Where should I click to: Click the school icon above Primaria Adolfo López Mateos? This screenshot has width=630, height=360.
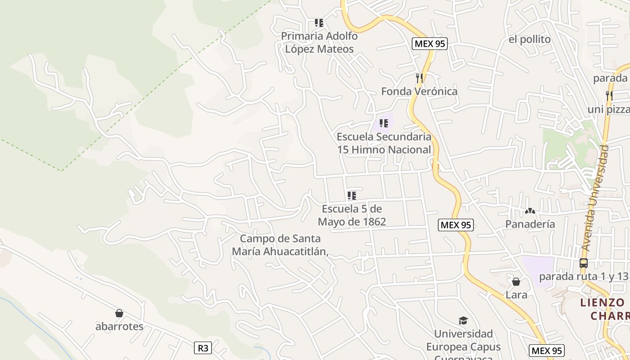[x=319, y=23]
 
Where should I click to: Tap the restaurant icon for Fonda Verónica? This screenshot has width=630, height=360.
[x=419, y=78]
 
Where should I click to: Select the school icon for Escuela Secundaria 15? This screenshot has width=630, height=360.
[x=384, y=123]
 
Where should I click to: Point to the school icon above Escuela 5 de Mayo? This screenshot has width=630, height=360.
[x=352, y=196]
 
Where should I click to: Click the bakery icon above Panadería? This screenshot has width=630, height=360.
[x=530, y=211]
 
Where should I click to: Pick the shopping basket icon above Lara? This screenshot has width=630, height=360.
[x=516, y=282]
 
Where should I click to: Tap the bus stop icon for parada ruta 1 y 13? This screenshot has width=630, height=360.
[x=584, y=263]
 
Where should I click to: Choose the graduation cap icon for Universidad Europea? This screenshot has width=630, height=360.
[x=463, y=320]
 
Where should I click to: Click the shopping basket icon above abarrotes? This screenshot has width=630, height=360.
[x=119, y=313]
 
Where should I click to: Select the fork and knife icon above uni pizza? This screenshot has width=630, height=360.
[x=609, y=95]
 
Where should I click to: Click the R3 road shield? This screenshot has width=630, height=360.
[x=203, y=348]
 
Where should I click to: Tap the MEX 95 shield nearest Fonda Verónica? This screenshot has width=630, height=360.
[x=429, y=44]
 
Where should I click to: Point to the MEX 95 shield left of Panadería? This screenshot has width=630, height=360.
[x=456, y=225]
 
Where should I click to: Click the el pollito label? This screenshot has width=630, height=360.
[x=530, y=40]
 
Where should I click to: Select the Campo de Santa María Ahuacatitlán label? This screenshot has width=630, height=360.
[x=280, y=245]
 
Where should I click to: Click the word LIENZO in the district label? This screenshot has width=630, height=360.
[x=602, y=302]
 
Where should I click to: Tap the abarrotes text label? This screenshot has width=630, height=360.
[x=119, y=327]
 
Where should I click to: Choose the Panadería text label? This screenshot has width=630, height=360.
[x=530, y=224]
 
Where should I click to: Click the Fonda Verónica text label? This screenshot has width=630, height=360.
[x=419, y=92]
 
